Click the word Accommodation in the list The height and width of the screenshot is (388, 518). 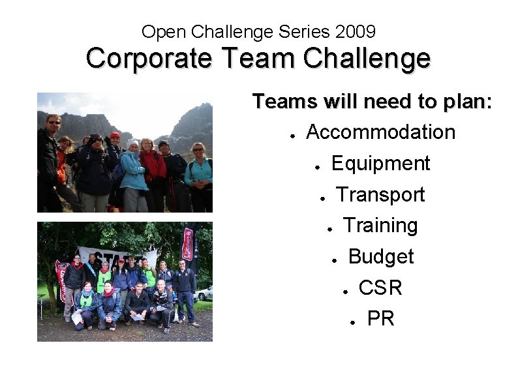pyautogui.click(x=380, y=132)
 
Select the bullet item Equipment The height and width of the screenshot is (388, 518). pyautogui.click(x=381, y=164)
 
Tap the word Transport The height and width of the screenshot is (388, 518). pyautogui.click(x=380, y=194)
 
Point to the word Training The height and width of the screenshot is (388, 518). pyautogui.click(x=380, y=226)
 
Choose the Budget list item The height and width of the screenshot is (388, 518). pyautogui.click(x=381, y=257)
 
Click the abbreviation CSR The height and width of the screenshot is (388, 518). pyautogui.click(x=380, y=288)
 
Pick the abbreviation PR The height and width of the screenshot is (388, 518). pyautogui.click(x=381, y=319)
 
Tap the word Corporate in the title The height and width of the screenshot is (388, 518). pyautogui.click(x=149, y=59)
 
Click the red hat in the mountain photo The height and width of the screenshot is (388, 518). pyautogui.click(x=115, y=136)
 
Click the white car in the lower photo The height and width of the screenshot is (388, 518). pyautogui.click(x=204, y=293)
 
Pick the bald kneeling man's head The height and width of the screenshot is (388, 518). pyautogui.click(x=160, y=284)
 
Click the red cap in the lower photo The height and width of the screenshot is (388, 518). pyautogui.click(x=121, y=261)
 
